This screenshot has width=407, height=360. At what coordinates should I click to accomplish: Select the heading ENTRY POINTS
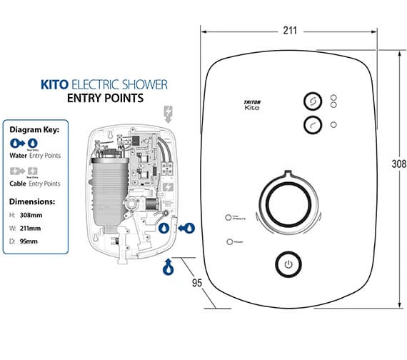106,98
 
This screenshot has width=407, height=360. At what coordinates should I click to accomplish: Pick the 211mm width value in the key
31,228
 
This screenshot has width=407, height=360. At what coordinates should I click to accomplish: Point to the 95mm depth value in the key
30,241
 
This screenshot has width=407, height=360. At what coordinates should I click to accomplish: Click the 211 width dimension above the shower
289,31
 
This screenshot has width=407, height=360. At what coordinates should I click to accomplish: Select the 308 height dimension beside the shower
399,164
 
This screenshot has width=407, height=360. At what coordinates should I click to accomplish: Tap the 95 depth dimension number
199,282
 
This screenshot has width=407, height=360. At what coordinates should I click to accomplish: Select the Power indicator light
229,242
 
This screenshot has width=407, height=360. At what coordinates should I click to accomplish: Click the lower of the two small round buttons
312,125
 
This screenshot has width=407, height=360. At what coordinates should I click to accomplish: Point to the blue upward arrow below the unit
169,268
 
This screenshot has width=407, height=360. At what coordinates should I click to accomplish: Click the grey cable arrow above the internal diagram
169,113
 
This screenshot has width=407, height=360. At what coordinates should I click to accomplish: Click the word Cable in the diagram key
18,182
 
